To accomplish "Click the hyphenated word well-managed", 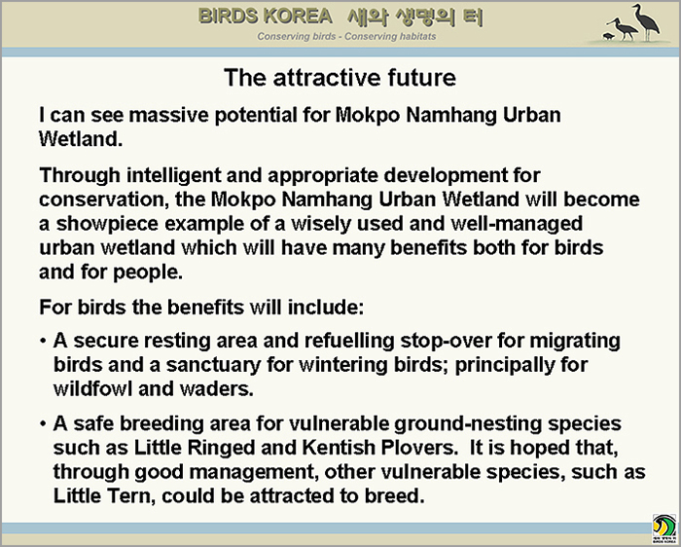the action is coord(517,224).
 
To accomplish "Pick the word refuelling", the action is coord(349,341).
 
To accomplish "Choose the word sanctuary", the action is coord(213,365).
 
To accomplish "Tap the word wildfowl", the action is coord(92,388).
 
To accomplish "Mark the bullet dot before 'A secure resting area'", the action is coord(43,341).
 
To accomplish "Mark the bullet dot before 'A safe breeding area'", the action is coord(43,423).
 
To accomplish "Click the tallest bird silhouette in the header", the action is coord(646,22).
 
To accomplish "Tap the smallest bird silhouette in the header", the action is coord(608,36).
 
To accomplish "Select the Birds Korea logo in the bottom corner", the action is coord(664,529).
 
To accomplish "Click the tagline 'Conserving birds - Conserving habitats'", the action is coord(346,36).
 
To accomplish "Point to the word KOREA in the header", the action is coord(298,17).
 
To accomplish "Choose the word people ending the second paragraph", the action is coord(148,273).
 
